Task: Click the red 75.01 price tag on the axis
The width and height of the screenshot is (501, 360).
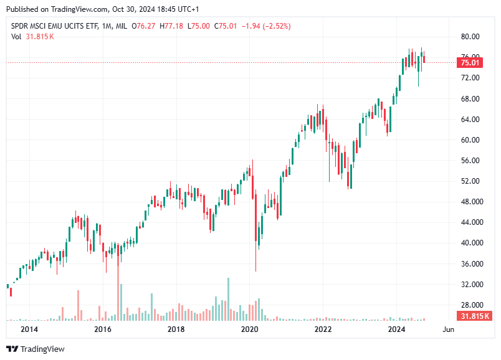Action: coord(470,63)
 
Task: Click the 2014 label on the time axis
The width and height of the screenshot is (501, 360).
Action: coord(29,329)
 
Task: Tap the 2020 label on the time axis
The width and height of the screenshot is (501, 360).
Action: coord(249,329)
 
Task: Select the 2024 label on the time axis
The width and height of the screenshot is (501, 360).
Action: coord(396,329)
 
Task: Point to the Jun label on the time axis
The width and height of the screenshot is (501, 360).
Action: coord(447,329)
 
